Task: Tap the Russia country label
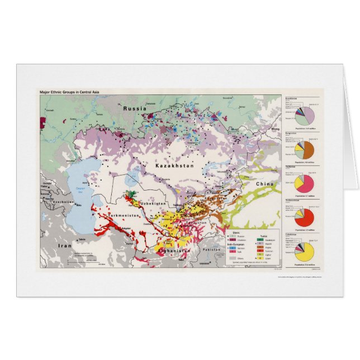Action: (x=135, y=108)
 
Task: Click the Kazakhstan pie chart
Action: (x=305, y=116)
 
